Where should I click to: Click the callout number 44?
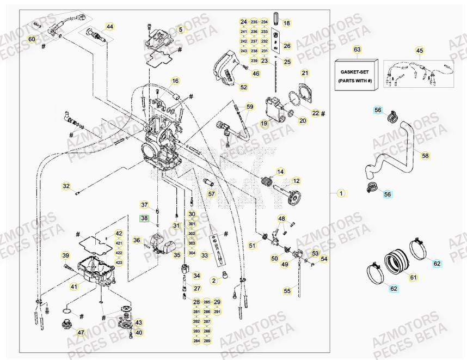click(x=110, y=26)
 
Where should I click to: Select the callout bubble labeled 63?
click(x=357, y=50)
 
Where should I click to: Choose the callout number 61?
click(x=413, y=277)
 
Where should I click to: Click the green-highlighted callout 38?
click(x=144, y=218)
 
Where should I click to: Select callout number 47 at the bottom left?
click(x=81, y=332)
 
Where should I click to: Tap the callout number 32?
click(x=66, y=186)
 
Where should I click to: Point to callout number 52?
click(x=243, y=87)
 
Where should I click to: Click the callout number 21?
click(x=305, y=73)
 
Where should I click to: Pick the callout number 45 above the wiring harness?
click(x=420, y=51)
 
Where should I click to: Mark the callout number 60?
click(x=32, y=39)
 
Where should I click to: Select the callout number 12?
click(x=297, y=181)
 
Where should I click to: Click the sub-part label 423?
click(x=119, y=263)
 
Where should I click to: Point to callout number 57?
click(x=212, y=193)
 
